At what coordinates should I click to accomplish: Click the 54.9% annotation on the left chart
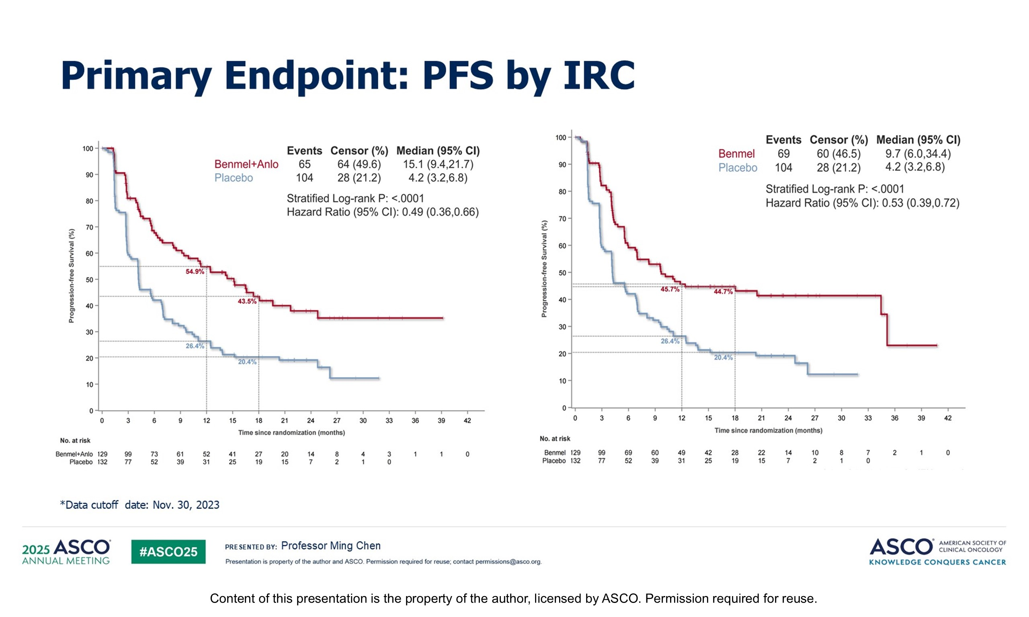195,272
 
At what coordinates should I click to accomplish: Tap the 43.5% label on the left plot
247,301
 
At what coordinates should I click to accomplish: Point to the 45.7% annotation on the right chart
670,289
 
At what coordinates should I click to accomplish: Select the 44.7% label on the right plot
723,292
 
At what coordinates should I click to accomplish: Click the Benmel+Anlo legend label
246,164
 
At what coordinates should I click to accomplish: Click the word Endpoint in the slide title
316,76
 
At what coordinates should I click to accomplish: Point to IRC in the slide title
599,76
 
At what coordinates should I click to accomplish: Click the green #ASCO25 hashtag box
168,552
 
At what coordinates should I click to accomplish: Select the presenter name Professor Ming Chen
331,546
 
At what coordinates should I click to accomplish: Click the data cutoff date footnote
140,505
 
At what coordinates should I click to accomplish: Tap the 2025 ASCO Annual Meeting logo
67,552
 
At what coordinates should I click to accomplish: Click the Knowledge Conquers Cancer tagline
937,562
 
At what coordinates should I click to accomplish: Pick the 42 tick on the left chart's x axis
467,421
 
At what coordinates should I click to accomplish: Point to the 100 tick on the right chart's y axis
561,138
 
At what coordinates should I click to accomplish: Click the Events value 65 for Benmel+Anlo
304,164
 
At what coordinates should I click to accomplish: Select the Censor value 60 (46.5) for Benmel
838,154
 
